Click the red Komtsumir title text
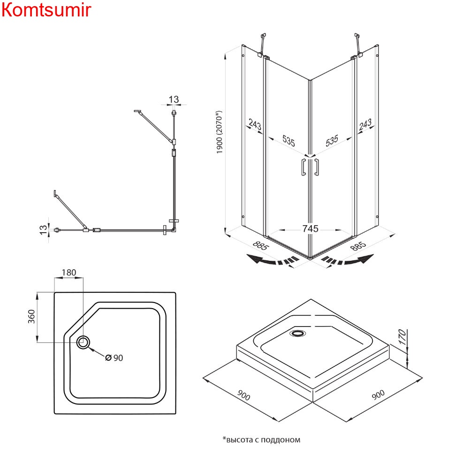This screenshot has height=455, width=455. pyautogui.click(x=46, y=10)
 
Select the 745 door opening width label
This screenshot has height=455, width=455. pyautogui.click(x=310, y=228)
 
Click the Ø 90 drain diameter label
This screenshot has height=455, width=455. pyautogui.click(x=114, y=358)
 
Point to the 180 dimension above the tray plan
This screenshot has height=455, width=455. pyautogui.click(x=68, y=273)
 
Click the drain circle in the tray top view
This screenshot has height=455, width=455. pyautogui.click(x=83, y=342)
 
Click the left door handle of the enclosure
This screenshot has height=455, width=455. pyautogui.click(x=303, y=167)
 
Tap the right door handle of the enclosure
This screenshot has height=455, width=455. pyautogui.click(x=317, y=167)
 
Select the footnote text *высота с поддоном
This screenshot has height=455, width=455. pyautogui.click(x=261, y=440)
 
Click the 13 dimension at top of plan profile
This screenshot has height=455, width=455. pyautogui.click(x=174, y=99)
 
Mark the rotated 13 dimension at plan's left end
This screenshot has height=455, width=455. pyautogui.click(x=43, y=229)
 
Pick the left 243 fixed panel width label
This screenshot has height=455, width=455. pyautogui.click(x=254, y=126)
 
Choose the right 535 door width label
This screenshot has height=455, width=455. pyautogui.click(x=332, y=140)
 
